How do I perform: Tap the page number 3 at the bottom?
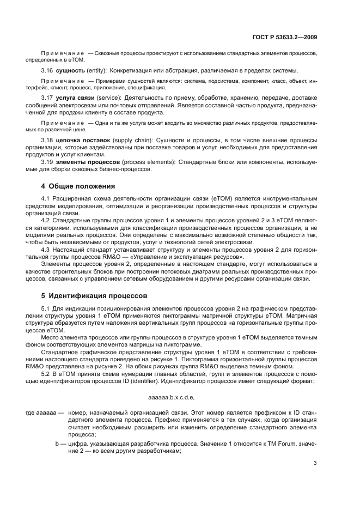(x=315, y=463)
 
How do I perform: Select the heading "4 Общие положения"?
(x=78, y=186)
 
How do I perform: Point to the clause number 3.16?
(x=47, y=71)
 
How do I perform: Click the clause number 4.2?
(x=47, y=220)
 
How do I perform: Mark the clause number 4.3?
(x=47, y=249)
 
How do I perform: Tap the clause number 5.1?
(x=47, y=308)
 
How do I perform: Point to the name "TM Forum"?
(x=287, y=444)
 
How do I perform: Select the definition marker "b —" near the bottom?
(x=60, y=444)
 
